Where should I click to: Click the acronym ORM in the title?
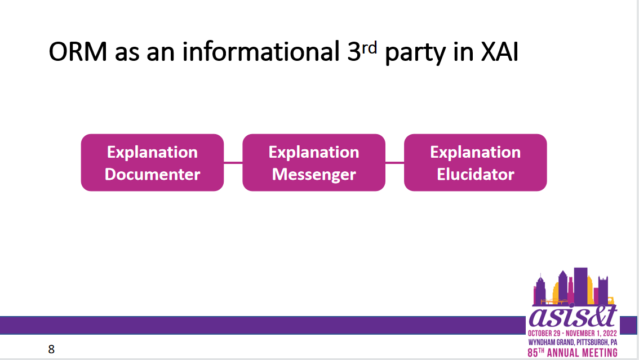coord(78,52)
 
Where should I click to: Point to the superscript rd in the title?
coord(369,48)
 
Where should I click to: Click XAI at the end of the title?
coord(500,52)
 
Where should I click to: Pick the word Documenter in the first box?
coord(152,174)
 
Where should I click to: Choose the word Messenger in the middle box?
coord(314,175)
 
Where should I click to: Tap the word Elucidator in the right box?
coord(476,174)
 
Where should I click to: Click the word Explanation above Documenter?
coord(152,152)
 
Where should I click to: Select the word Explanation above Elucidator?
coord(476,152)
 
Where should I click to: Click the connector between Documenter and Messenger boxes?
coord(233,162)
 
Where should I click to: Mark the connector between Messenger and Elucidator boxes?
coord(394,162)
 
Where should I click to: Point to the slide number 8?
coord(51,349)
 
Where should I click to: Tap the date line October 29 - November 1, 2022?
coord(573,333)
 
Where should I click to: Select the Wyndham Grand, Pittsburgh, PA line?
coord(573,342)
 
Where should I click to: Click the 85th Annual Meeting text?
coord(573,352)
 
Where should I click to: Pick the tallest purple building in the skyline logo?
coord(580,286)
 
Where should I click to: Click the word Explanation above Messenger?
coord(314,152)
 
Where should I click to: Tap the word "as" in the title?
coord(127,54)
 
